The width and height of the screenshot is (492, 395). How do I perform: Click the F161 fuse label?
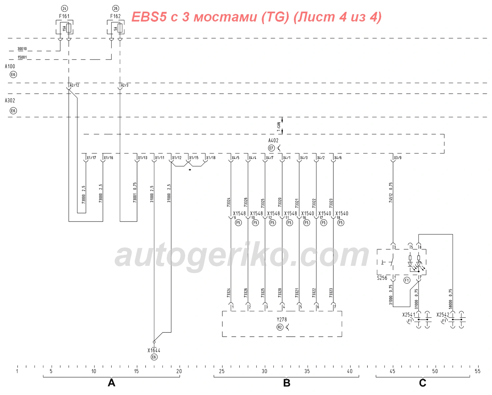(64, 16)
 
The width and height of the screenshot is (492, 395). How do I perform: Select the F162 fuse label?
(115, 16)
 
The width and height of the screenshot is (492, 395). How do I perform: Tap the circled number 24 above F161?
(64, 8)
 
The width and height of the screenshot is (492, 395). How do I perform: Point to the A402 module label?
(273, 140)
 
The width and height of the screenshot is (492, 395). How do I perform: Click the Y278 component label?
(282, 319)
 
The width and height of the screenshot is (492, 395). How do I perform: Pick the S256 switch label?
(382, 278)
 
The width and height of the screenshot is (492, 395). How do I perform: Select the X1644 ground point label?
(154, 350)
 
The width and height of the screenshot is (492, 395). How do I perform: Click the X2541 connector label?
(409, 315)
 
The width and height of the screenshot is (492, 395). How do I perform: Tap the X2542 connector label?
(443, 315)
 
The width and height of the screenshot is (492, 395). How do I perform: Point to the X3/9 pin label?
(398, 158)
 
